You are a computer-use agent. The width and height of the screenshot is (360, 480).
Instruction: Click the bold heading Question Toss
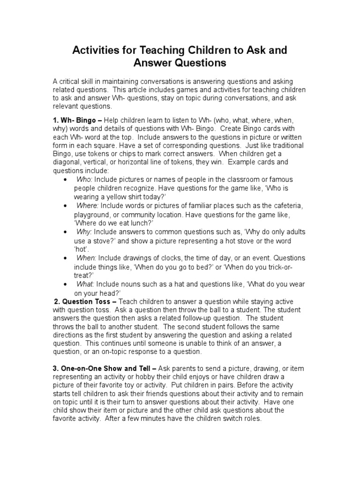coord(82,301)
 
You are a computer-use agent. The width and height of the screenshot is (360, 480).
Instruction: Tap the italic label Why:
coord(83,232)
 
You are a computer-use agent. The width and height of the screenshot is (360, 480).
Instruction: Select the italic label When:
coord(86,258)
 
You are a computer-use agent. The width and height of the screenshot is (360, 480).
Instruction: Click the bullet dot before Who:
coord(64,180)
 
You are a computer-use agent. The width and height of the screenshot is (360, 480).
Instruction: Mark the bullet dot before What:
coord(64,285)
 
